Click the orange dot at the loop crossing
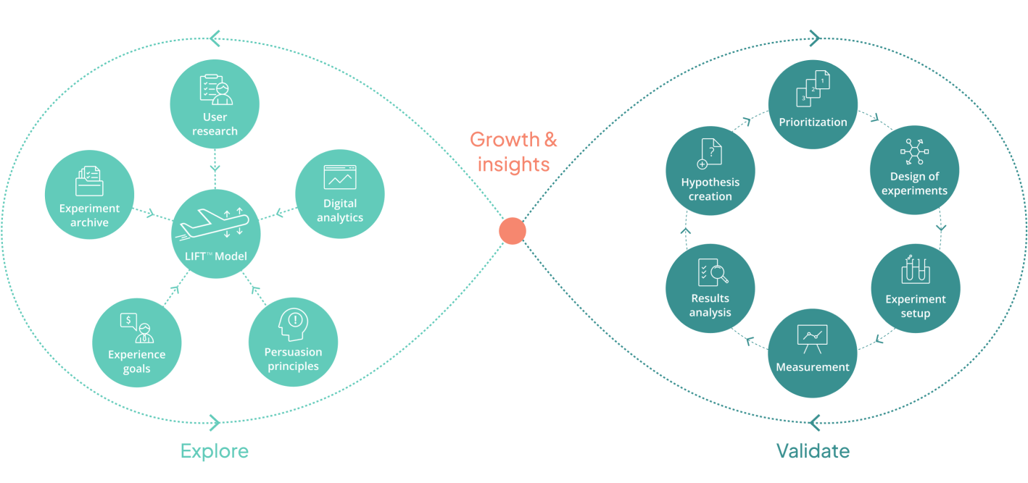coord(512,231)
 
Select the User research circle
coord(215,105)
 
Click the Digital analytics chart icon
coord(340,177)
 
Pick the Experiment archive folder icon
coord(89,181)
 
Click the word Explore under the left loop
coord(215,451)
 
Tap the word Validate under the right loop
coord(813,451)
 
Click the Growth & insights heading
coord(513,151)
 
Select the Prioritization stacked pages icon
coord(813,88)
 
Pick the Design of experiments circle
coord(914,170)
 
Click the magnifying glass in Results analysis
coord(720,274)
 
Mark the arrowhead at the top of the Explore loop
coord(214,38)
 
